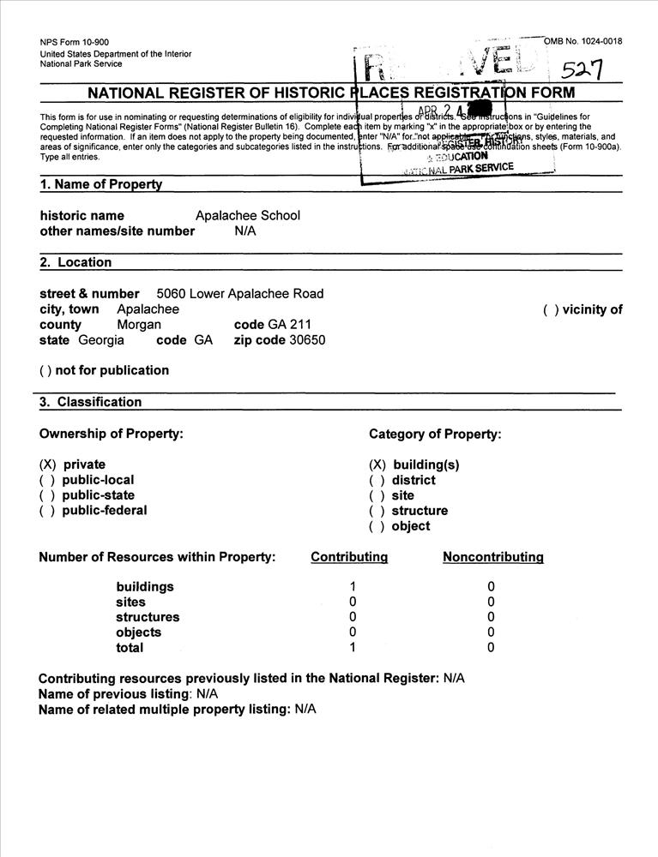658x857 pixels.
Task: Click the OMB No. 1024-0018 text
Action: (x=583, y=41)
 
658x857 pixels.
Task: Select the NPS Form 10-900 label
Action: (x=74, y=42)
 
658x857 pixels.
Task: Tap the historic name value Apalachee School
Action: (x=247, y=216)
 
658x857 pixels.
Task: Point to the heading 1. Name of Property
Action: (x=100, y=184)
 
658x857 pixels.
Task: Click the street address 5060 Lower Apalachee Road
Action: (x=240, y=294)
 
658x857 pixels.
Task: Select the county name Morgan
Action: (x=139, y=325)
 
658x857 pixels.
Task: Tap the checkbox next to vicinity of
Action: (x=551, y=310)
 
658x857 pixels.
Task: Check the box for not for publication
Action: (x=47, y=371)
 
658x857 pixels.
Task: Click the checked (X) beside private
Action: (x=47, y=464)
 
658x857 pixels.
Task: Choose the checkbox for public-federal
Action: (x=47, y=511)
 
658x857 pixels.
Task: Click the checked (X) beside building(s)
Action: (x=377, y=464)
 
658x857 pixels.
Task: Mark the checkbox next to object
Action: (x=377, y=526)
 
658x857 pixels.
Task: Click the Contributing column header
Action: (x=349, y=557)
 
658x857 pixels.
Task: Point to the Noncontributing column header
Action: (x=492, y=557)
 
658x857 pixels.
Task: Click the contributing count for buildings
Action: (x=352, y=587)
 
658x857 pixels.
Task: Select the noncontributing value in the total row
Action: (x=492, y=648)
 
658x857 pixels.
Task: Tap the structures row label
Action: (x=148, y=617)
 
